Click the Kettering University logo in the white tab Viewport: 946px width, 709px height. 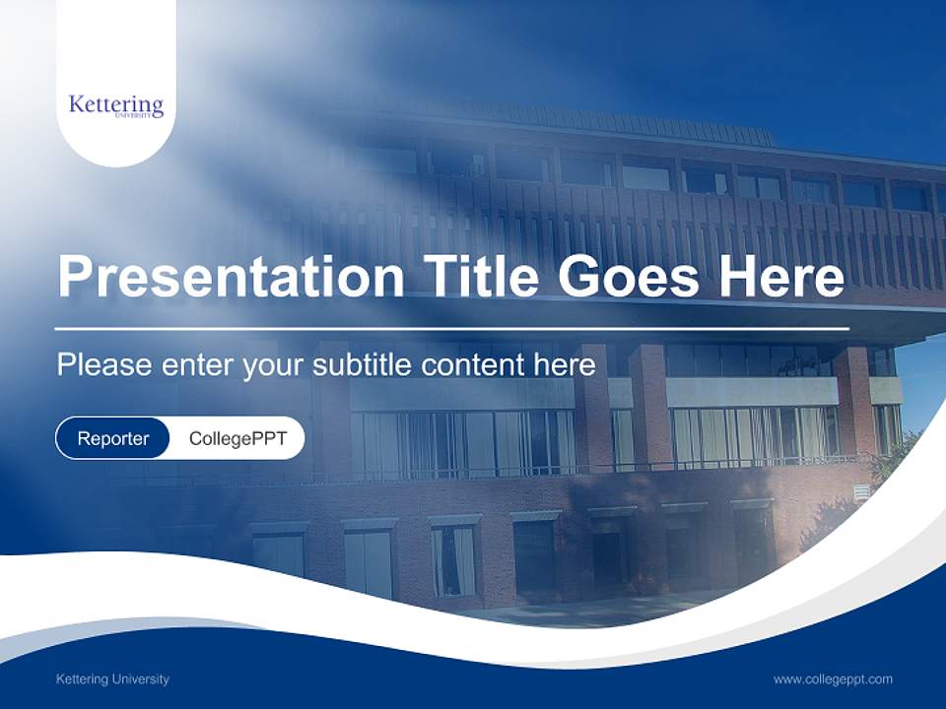[x=116, y=105]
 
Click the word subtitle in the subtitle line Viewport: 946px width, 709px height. [x=362, y=365]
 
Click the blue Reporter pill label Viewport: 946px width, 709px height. [x=113, y=438]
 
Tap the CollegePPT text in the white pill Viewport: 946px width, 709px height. [x=237, y=438]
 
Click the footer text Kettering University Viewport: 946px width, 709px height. [x=112, y=678]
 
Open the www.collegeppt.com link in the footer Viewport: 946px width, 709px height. [x=833, y=678]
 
